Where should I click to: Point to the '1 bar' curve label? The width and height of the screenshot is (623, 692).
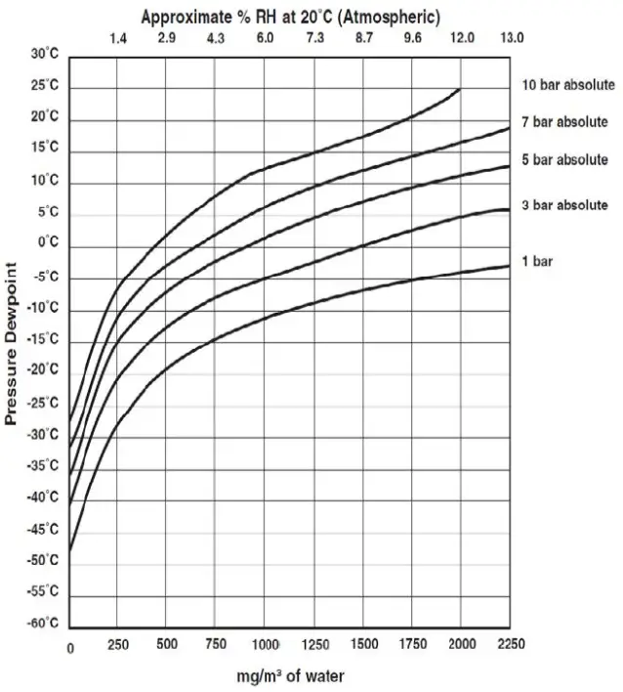pos(537,263)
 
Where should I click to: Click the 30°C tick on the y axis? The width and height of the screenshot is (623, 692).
pos(45,54)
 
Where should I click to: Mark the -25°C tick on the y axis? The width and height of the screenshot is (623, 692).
pos(42,403)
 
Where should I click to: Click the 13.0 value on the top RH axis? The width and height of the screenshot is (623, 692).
pos(511,37)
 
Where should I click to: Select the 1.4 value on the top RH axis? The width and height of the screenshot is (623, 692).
pos(118,37)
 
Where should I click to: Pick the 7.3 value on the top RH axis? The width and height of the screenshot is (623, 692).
pos(314,37)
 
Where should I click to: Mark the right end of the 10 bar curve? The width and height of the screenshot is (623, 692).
pos(460,89)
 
